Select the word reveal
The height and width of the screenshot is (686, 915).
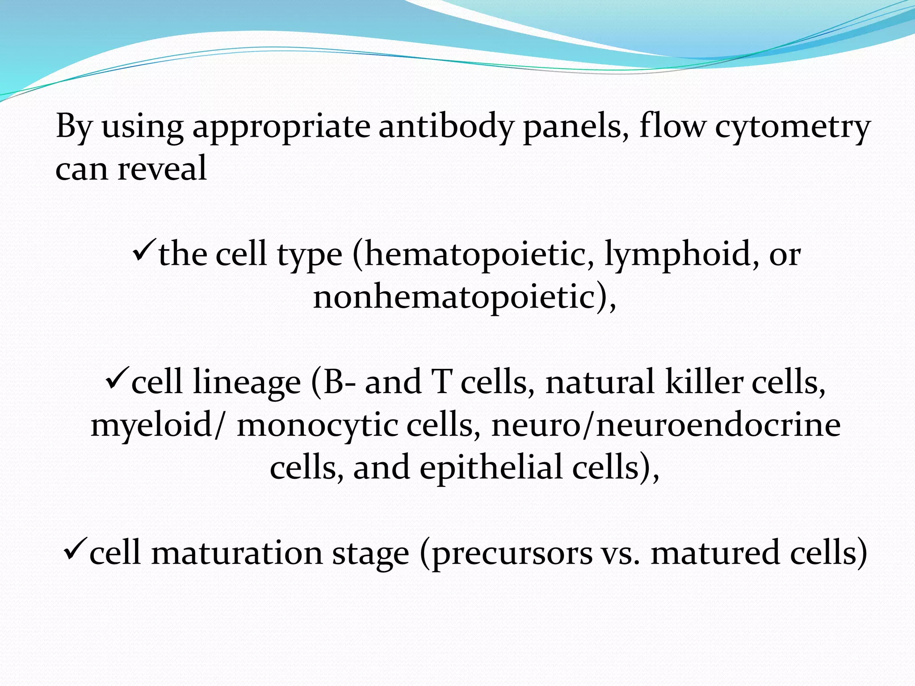162,169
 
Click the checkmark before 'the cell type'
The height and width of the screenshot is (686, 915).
144,252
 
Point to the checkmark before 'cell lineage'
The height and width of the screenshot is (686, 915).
117,379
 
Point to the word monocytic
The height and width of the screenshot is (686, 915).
317,425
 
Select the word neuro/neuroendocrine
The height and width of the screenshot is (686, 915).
666,425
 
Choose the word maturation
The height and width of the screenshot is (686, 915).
236,553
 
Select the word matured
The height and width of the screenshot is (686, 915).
715,553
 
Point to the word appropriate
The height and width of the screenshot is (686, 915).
281,128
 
